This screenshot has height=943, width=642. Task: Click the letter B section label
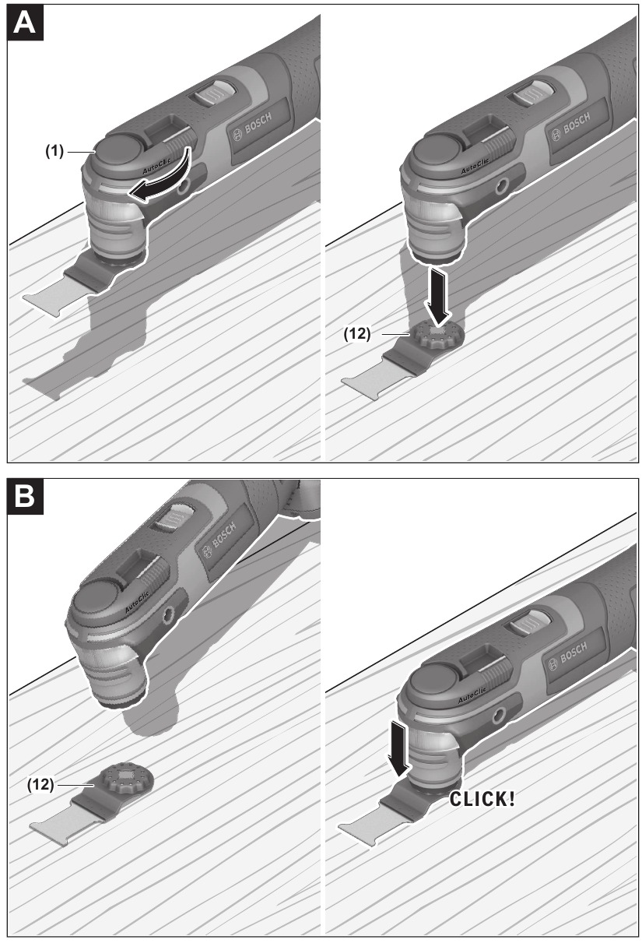(x=25, y=497)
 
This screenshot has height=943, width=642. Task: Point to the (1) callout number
(x=54, y=151)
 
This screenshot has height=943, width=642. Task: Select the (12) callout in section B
(x=40, y=785)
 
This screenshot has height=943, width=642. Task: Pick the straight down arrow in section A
(x=438, y=297)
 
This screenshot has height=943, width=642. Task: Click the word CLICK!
(x=482, y=799)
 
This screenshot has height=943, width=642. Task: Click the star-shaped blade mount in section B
(x=126, y=779)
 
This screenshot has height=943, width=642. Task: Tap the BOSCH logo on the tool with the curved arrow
(x=252, y=127)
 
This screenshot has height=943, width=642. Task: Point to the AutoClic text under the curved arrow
(x=156, y=167)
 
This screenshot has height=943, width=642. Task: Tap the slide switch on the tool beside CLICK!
(x=529, y=622)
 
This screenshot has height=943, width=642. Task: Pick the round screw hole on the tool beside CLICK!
(x=500, y=713)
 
